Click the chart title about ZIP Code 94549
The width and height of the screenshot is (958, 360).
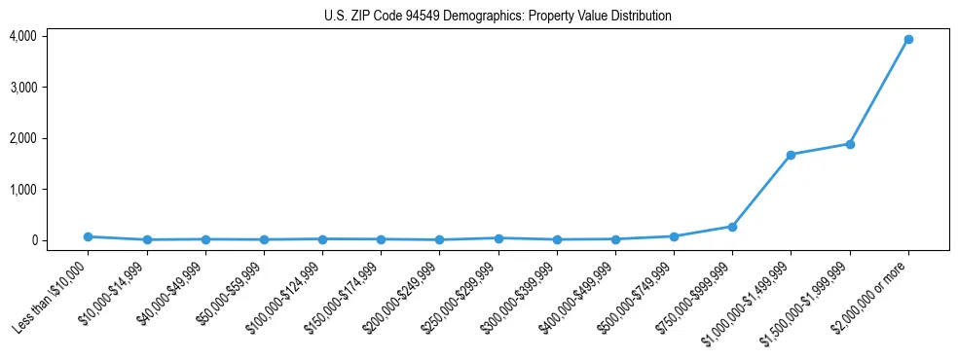point(497,17)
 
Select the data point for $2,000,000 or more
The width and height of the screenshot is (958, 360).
point(907,40)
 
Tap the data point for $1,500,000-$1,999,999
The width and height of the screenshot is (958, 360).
point(849,144)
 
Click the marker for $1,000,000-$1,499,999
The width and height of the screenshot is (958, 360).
point(791,155)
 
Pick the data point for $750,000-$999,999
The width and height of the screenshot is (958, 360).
point(732,227)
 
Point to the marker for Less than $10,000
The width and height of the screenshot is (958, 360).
point(88,236)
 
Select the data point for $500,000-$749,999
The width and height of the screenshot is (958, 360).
point(674,236)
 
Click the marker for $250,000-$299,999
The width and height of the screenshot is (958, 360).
point(497,238)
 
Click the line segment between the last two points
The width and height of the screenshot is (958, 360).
point(878,92)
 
